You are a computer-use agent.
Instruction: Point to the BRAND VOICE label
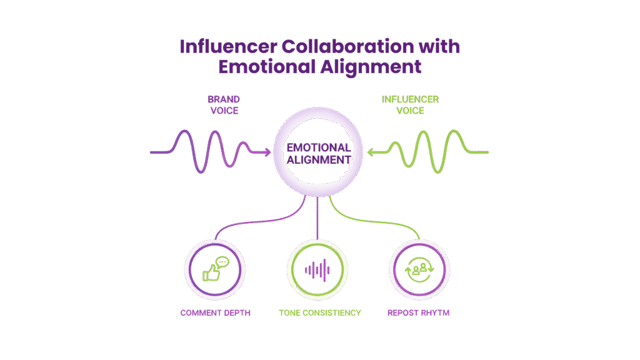(224, 105)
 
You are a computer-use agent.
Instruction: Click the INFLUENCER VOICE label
(410, 105)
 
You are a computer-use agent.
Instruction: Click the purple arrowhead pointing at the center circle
(267, 152)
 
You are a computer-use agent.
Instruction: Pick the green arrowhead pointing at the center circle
(371, 151)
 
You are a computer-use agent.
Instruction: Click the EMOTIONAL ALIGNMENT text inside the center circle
(318, 154)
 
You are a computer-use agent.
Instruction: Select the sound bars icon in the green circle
(317, 269)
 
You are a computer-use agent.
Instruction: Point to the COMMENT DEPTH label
(215, 312)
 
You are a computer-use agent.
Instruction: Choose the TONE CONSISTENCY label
(319, 312)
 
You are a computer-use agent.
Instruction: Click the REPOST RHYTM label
(419, 312)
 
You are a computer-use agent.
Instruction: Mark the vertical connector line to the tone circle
(318, 219)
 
